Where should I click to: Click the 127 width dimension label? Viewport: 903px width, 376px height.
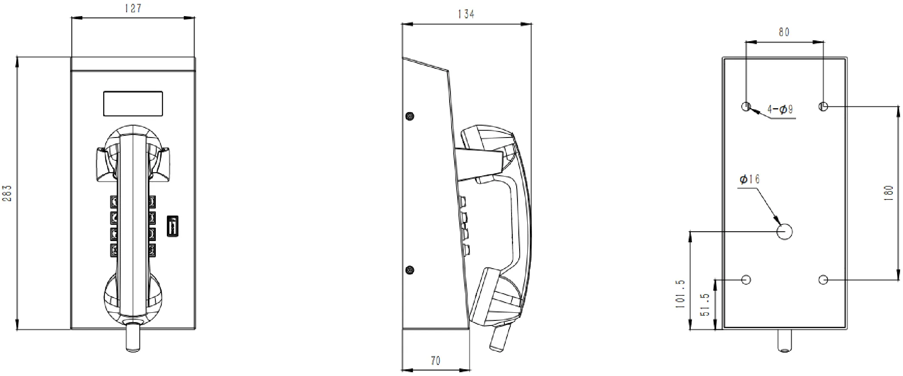coord(133,8)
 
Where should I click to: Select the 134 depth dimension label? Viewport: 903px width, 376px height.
coord(466,14)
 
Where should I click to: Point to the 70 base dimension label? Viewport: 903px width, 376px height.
coord(436,361)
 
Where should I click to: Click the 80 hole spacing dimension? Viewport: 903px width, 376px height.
coord(784,32)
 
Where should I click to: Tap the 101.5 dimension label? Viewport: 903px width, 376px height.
coord(681,293)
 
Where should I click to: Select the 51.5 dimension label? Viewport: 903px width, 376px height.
coord(705,305)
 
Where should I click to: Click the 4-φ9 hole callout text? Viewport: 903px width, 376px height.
coord(780,109)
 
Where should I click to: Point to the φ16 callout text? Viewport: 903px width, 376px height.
coord(749,180)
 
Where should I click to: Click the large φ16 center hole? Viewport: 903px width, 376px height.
coord(785,232)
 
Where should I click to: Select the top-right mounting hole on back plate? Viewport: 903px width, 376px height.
coord(823,107)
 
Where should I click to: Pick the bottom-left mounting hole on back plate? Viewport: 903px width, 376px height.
coord(746,280)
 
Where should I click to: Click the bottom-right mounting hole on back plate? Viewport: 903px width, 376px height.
coord(823,280)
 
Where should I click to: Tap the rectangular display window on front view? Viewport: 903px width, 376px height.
coord(133,104)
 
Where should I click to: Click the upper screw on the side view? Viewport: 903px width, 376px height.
coord(410,116)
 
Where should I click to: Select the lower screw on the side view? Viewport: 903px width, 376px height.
coord(410,270)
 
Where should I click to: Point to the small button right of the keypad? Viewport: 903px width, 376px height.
coord(172,225)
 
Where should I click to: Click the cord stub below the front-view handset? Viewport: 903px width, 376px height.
coord(133,337)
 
